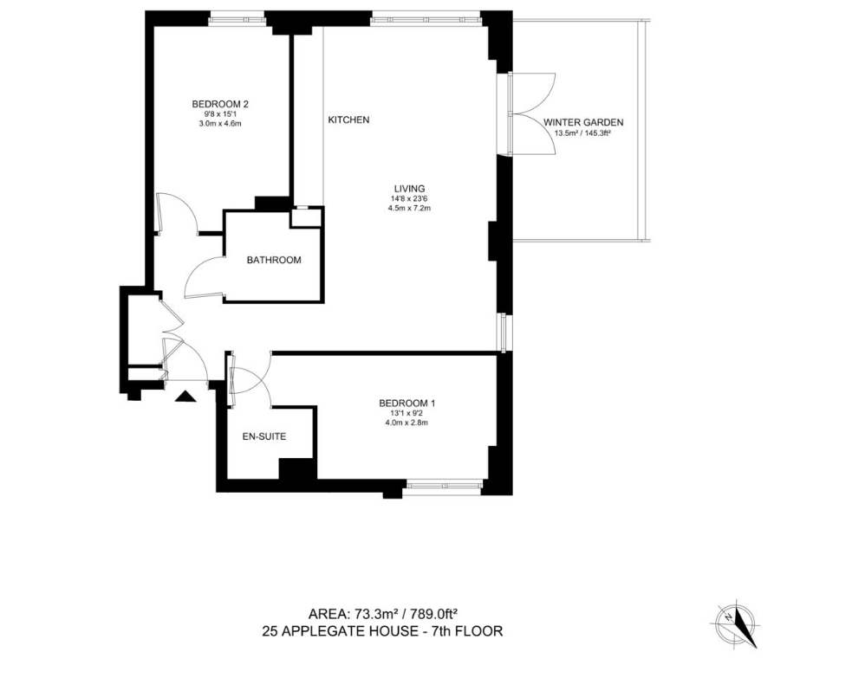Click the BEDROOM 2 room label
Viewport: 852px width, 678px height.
[x=220, y=104]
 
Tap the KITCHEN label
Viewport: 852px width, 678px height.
[x=348, y=119]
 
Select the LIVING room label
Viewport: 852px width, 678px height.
[x=409, y=189]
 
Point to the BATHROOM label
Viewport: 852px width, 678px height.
[x=274, y=260]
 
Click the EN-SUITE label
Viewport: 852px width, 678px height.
[x=264, y=436]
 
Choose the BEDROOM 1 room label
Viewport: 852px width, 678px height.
[x=407, y=404]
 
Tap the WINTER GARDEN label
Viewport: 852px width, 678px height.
[x=583, y=123]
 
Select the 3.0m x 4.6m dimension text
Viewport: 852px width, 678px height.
[x=220, y=123]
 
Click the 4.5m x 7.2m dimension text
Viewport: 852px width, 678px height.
[x=409, y=208]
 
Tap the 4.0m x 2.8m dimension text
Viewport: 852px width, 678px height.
[x=407, y=423]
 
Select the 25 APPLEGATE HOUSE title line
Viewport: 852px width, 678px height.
[x=382, y=631]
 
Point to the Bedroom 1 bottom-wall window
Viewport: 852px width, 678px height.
[x=444, y=486]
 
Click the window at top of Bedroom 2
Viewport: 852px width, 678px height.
[x=237, y=19]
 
